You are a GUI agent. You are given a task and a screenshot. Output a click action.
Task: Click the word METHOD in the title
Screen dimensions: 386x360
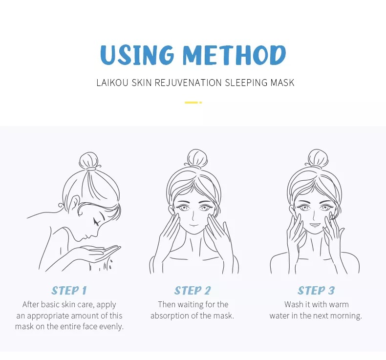[234, 55]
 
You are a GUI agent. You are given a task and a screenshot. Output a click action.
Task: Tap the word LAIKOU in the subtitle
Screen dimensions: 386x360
[112, 83]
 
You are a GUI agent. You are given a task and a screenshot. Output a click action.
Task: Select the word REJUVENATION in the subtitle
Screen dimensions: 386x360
[188, 83]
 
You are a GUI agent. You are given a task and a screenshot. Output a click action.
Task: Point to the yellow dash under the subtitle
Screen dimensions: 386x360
[193, 103]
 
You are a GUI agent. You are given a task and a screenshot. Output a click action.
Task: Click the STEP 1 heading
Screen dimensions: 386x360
[69, 290]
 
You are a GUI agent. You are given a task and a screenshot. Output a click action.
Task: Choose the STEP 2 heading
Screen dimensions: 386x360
[193, 290]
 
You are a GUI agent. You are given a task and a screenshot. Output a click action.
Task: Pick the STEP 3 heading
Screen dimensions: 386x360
[316, 290]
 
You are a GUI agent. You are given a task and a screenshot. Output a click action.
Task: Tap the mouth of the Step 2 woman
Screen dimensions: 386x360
[193, 225]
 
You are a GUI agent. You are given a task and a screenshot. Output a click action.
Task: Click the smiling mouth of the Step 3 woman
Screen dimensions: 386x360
[314, 225]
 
